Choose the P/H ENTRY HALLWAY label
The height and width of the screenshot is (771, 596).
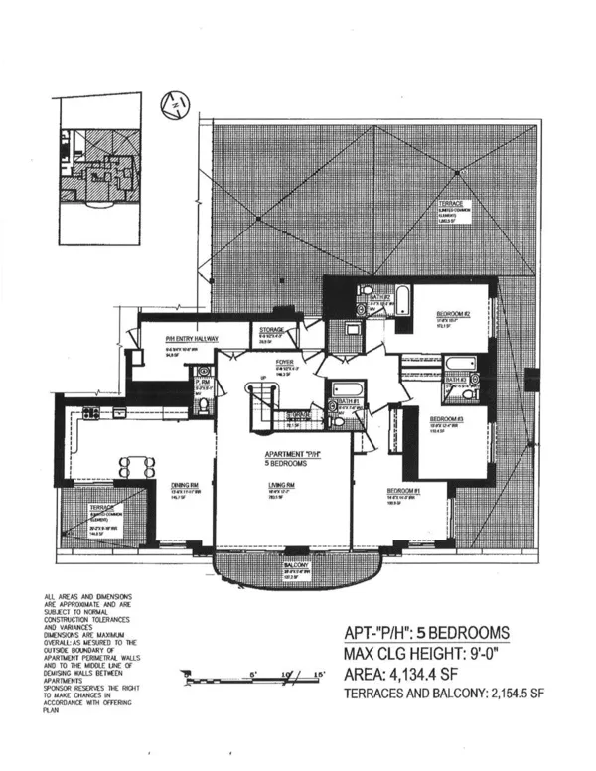point(192,339)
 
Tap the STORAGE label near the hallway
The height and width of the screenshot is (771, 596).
point(273,330)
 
